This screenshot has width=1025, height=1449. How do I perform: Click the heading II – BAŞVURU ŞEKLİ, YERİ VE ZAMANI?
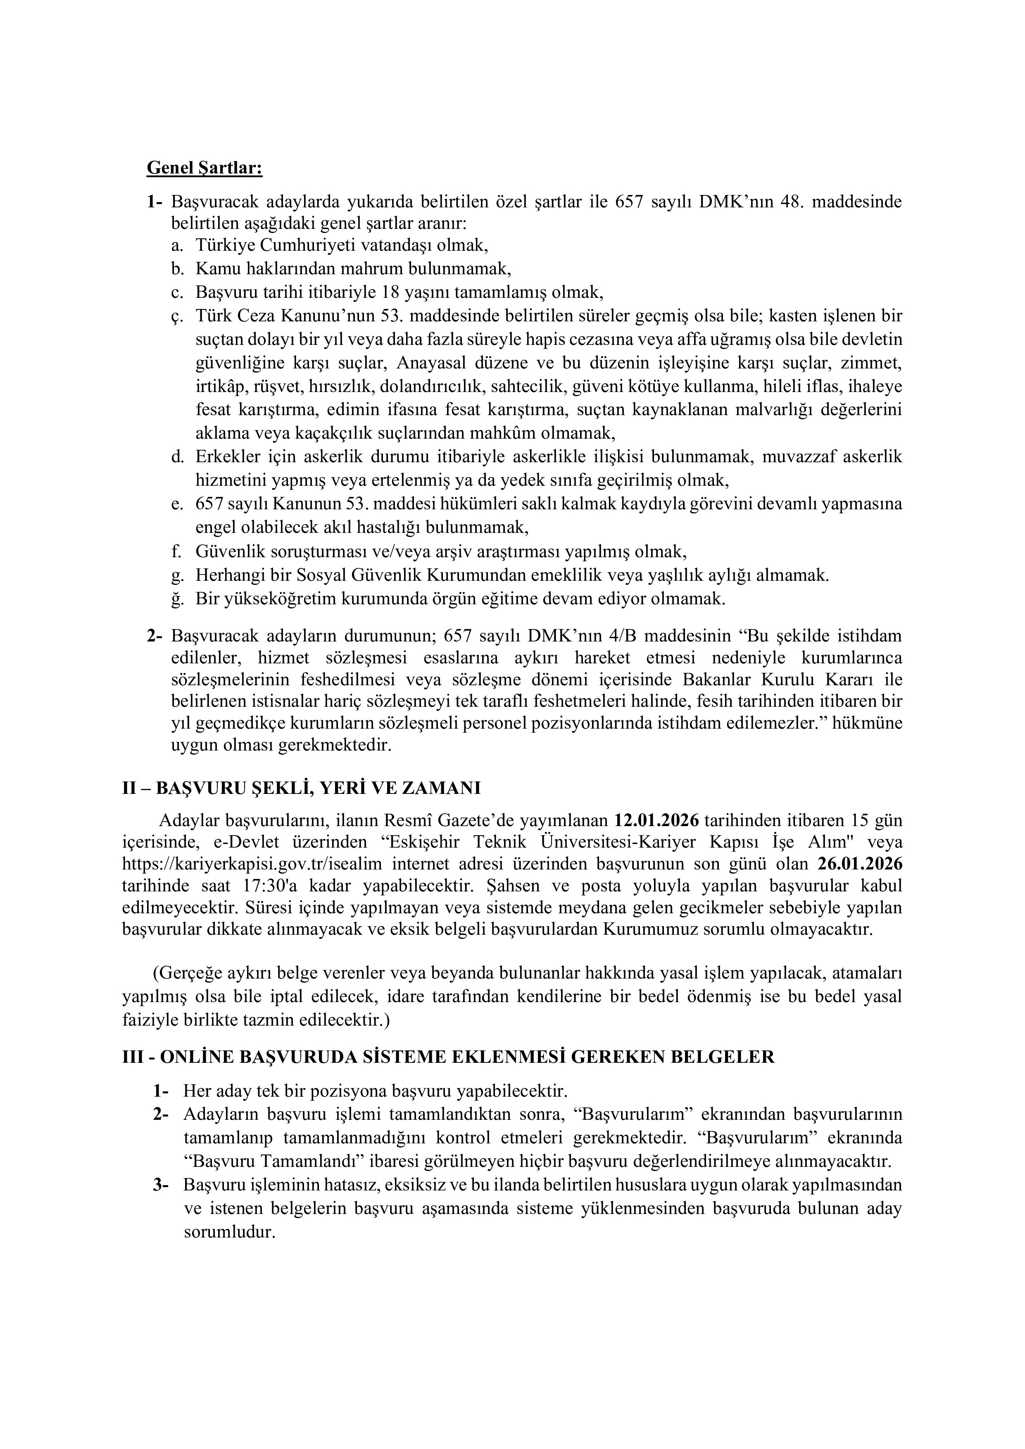301,788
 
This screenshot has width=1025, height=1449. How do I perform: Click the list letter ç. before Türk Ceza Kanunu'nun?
177,316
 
